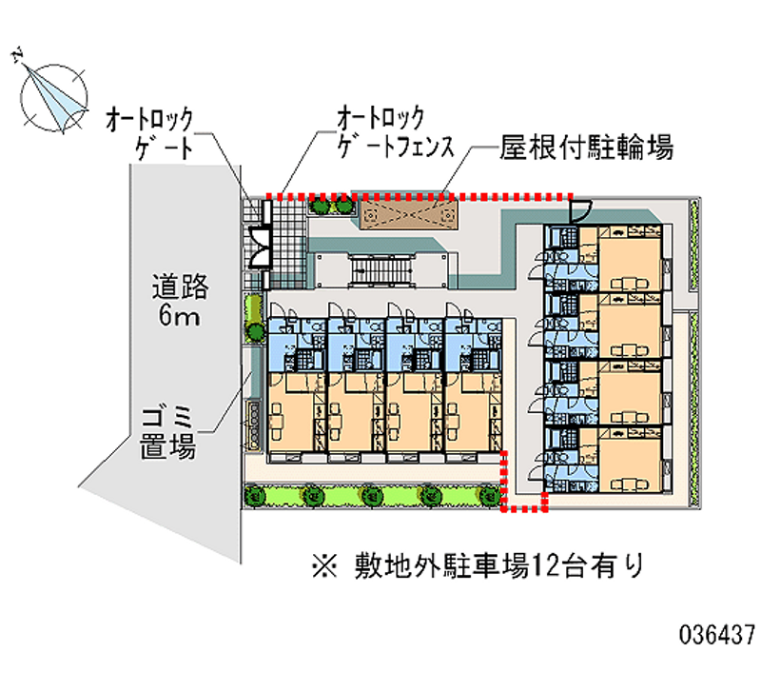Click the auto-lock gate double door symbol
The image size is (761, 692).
[258, 247]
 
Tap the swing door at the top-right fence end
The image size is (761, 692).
[579, 210]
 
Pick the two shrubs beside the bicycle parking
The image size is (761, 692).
[330, 203]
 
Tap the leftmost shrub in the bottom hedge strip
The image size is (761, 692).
[254, 496]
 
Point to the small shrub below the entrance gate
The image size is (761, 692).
[254, 330]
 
